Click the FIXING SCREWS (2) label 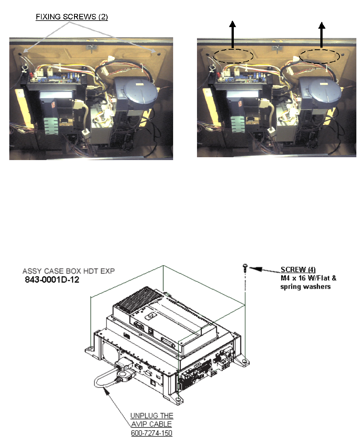point(72,17)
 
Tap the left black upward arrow point(233,36)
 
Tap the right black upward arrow point(322,36)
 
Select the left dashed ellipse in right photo point(233,56)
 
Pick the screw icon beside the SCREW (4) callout point(245,266)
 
